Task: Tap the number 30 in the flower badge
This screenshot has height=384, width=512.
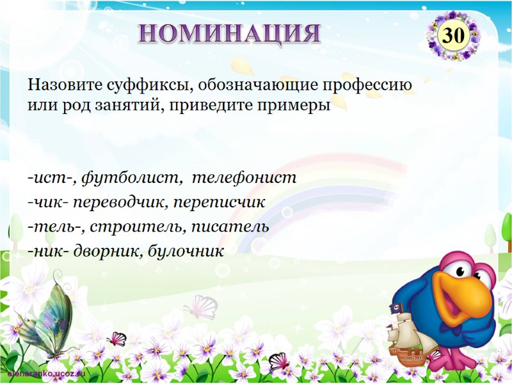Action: pyautogui.click(x=453, y=36)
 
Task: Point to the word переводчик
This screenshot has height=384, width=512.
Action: pyautogui.click(x=117, y=202)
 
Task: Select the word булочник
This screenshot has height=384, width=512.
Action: pyautogui.click(x=186, y=250)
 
